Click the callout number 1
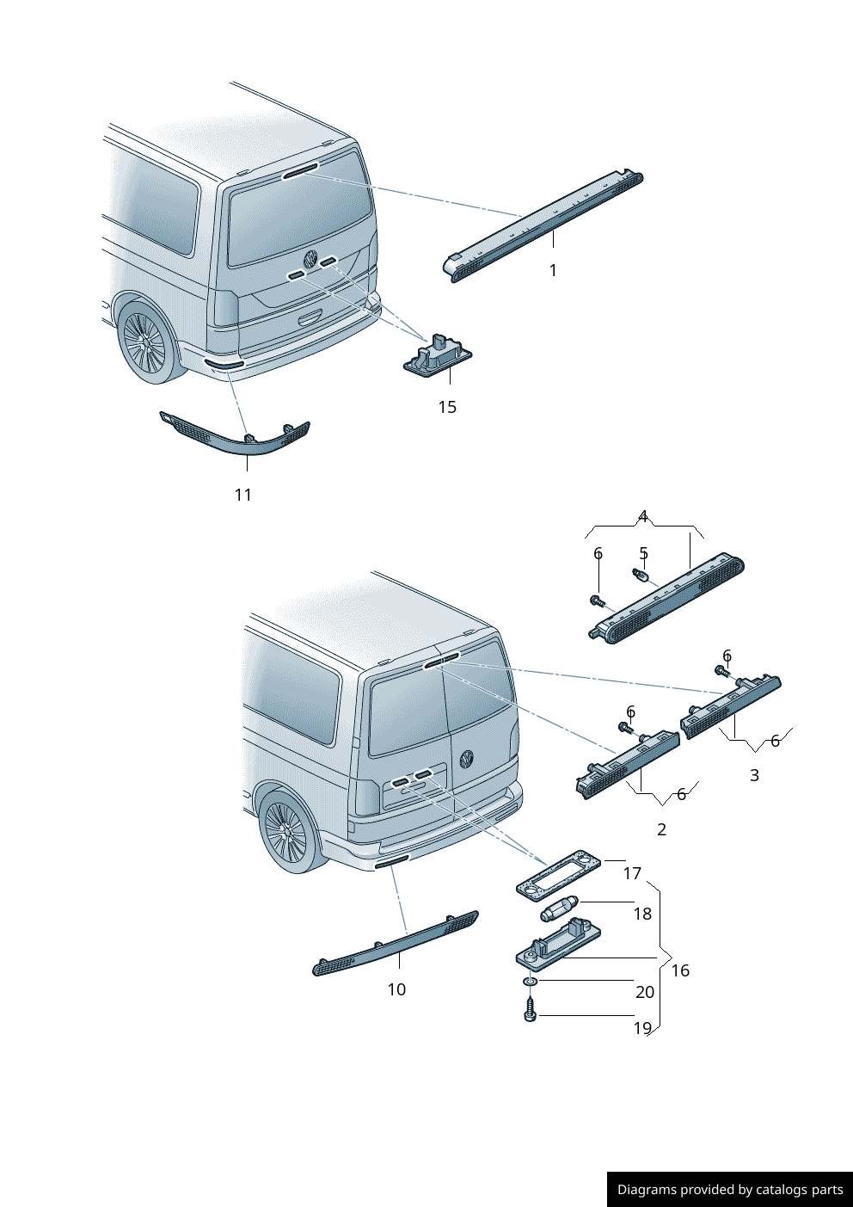point(553,270)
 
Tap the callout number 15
point(447,407)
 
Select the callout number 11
point(243,495)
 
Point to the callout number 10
point(396,989)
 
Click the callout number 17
point(632,873)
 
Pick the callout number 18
point(642,914)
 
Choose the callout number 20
point(645,992)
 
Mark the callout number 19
point(642,1028)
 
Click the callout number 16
point(680,970)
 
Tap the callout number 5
point(643,554)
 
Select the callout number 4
point(642,517)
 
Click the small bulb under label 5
point(641,576)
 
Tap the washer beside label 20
point(531,981)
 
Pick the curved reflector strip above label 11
point(236,436)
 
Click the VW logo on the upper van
point(310,258)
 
